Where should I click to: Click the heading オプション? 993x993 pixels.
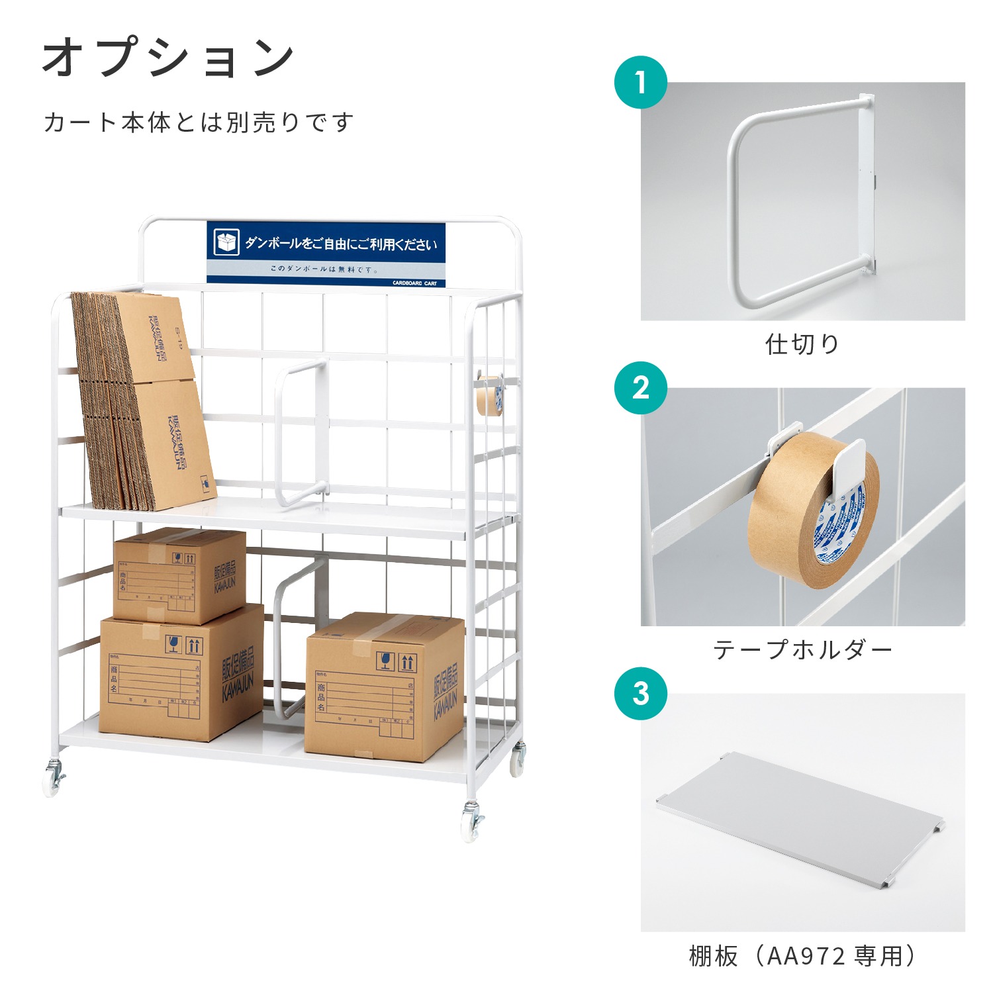coord(169,58)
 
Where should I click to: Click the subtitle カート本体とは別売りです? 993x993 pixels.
coord(199,122)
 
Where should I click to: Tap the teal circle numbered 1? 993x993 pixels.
coord(640,83)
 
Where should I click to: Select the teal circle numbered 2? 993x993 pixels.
coord(640,388)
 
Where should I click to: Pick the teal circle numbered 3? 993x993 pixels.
coord(640,694)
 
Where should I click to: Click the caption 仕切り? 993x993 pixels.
coord(802,344)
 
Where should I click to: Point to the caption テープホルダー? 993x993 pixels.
coord(802,650)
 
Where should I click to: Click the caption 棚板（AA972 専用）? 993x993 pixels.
coord(802,956)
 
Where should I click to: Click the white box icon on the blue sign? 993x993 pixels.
coord(226,243)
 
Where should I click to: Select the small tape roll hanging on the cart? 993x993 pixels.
coord(489,396)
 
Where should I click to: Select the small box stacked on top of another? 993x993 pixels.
coord(179,576)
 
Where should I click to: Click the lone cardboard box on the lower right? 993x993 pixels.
coord(384,688)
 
